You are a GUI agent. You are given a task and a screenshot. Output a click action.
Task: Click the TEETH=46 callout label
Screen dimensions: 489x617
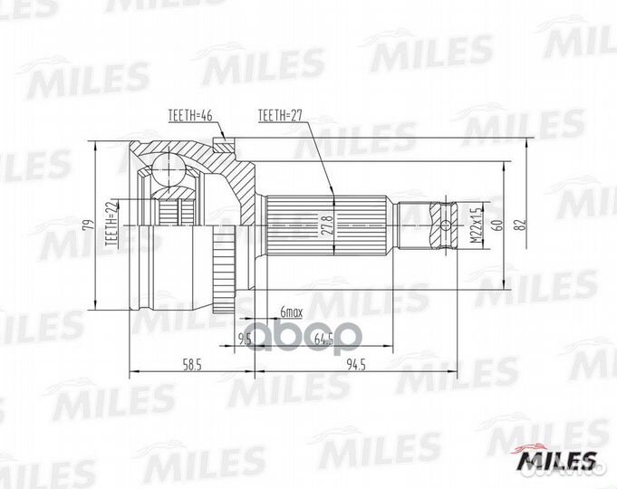[191, 116]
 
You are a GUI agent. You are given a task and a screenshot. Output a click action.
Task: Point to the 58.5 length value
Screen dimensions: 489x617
[191, 365]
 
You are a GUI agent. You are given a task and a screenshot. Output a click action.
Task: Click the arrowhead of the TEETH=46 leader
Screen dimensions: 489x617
[222, 141]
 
